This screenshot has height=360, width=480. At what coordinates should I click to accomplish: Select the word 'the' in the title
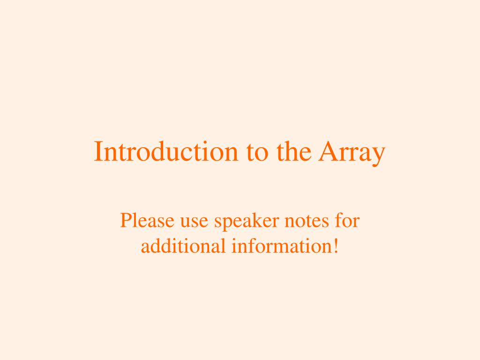[292, 152]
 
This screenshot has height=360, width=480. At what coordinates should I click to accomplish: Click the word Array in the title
[352, 153]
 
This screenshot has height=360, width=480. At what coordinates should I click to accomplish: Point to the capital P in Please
[125, 221]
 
